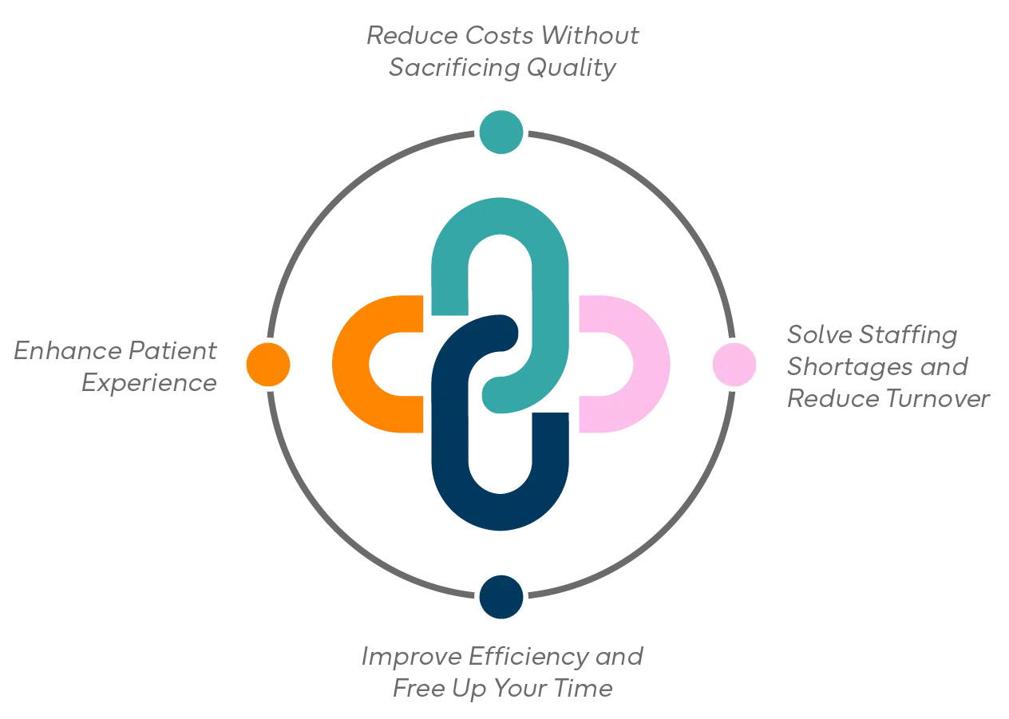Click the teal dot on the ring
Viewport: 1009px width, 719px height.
click(x=501, y=132)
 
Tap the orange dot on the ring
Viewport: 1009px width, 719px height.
click(x=268, y=365)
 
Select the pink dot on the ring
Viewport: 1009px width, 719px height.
click(x=734, y=365)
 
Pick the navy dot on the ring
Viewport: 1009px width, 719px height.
click(x=501, y=597)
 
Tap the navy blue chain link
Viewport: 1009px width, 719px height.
click(x=451, y=447)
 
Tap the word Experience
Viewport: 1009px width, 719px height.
click(x=149, y=383)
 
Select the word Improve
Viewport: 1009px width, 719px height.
click(x=410, y=657)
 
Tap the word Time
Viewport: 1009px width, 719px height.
click(x=584, y=688)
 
